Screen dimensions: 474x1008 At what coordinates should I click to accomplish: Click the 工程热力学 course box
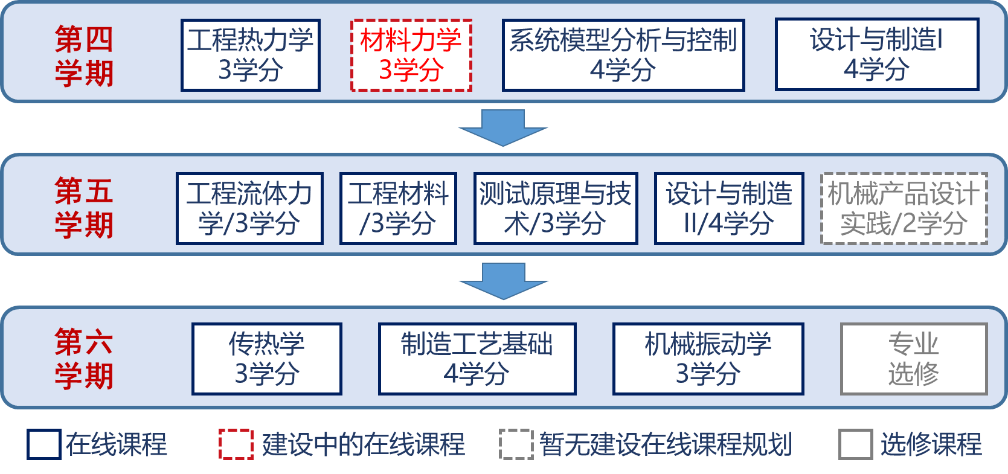[250, 55]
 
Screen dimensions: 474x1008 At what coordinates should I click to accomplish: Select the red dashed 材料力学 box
[411, 55]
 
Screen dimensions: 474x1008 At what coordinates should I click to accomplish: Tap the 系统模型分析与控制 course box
[623, 55]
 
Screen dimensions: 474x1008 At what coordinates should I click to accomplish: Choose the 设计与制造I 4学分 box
[876, 55]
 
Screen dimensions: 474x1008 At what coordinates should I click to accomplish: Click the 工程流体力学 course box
[249, 209]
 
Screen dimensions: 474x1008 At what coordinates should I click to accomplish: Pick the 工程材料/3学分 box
[398, 209]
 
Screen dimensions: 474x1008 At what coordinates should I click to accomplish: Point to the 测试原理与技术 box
[556, 209]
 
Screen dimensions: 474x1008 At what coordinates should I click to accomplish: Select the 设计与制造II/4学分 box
[729, 209]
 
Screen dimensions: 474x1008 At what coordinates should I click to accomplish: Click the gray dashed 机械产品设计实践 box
[904, 209]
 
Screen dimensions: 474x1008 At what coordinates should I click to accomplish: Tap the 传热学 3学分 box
[266, 359]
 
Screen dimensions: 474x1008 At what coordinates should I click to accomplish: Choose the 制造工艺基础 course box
[477, 359]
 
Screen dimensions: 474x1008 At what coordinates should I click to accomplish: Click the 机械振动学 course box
[708, 359]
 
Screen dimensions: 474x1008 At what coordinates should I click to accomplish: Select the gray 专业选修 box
[914, 359]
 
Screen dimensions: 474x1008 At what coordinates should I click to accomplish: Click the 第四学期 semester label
[84, 56]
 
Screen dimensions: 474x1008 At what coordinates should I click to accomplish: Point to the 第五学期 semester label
[84, 208]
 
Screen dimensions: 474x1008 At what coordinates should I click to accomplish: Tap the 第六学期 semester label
[84, 359]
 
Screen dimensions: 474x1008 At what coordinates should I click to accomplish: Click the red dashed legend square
[236, 444]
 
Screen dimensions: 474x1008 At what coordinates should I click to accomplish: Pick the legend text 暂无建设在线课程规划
[665, 444]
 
